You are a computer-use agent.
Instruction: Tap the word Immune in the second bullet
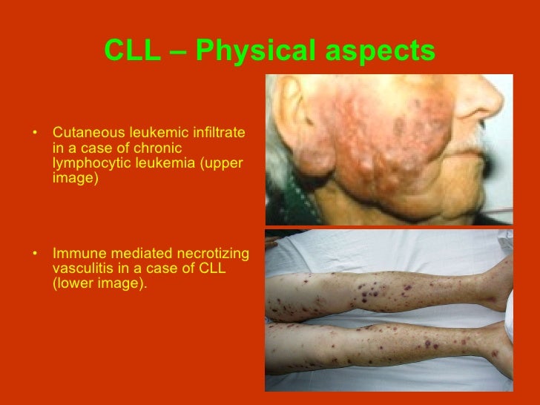coord(76,254)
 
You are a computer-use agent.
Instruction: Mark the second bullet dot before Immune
coord(35,255)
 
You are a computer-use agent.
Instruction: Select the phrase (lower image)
coord(100,283)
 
